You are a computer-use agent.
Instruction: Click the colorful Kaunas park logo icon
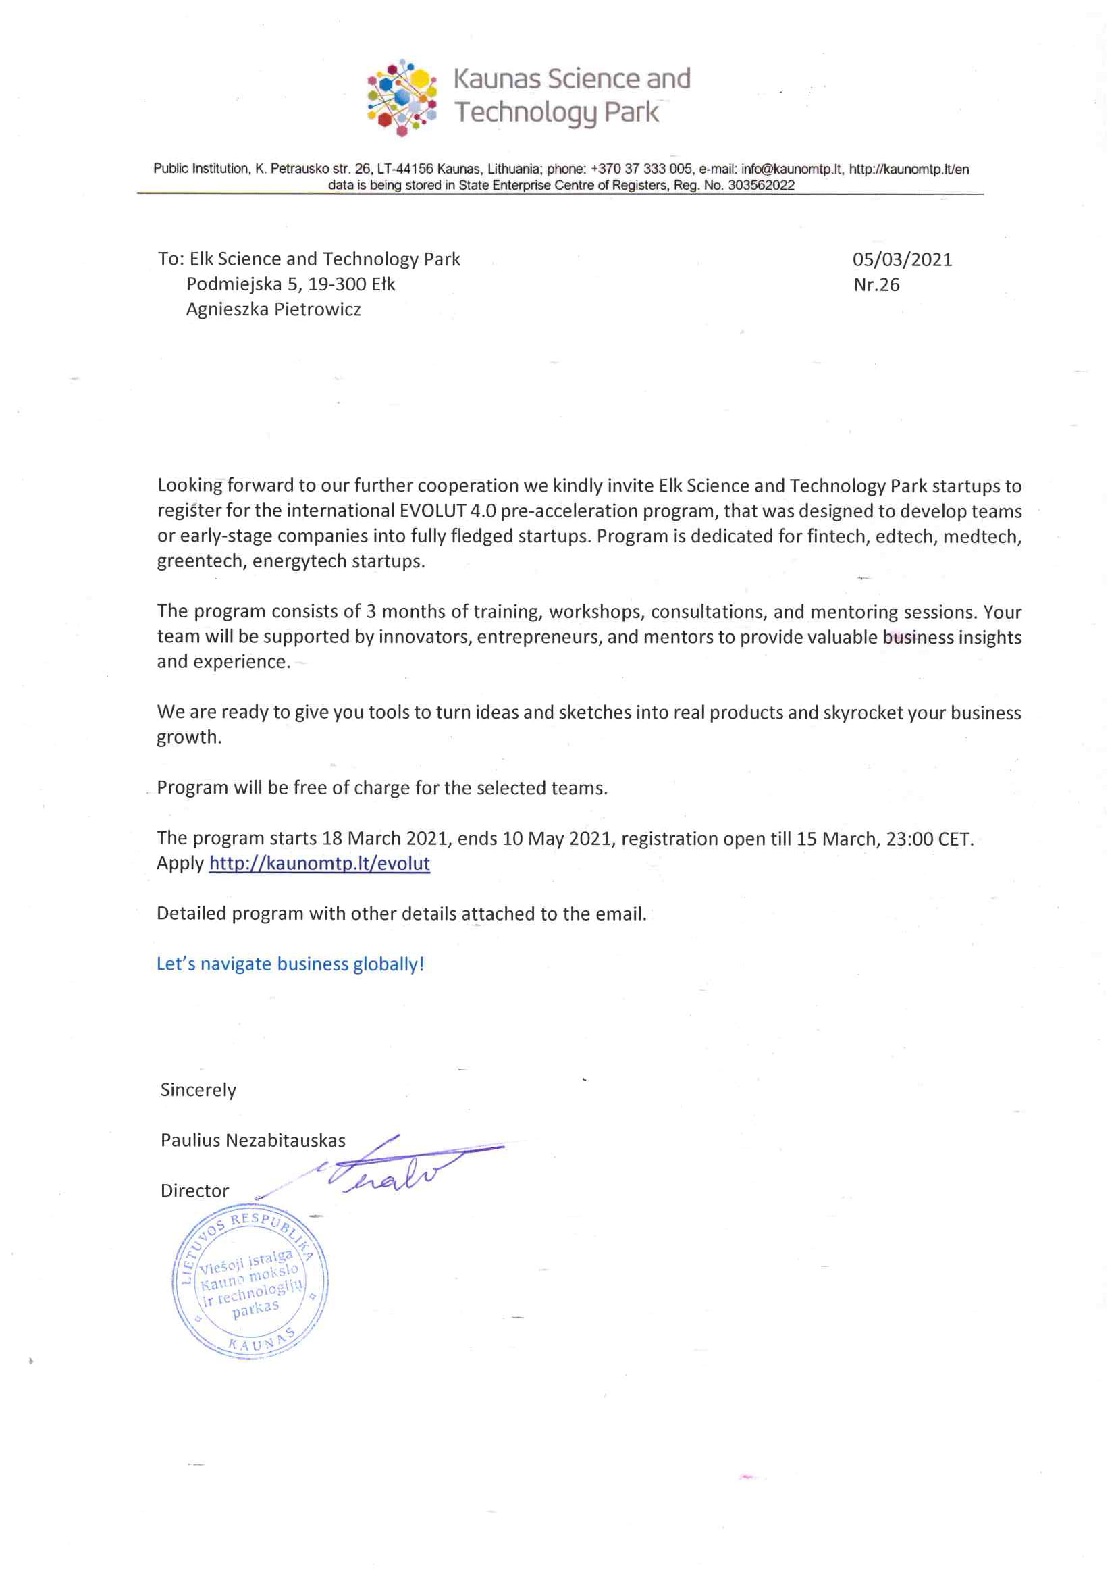402,97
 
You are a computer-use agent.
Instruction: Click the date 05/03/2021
901,259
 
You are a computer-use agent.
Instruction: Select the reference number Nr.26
876,285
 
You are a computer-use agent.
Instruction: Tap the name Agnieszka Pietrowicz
273,309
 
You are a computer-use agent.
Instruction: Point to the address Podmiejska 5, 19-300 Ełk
290,284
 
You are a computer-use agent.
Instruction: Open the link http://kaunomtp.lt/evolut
319,863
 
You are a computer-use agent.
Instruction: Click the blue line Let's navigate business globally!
290,964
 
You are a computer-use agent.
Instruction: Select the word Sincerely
198,1090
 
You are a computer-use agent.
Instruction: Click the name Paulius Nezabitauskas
253,1140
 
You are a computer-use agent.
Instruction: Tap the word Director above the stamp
194,1191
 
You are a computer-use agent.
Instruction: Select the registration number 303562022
760,185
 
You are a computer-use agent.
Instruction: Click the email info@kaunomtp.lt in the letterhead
791,169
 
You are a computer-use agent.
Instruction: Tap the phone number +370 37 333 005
641,169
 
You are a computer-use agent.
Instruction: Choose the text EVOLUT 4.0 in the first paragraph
448,511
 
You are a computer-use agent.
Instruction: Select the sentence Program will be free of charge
381,787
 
